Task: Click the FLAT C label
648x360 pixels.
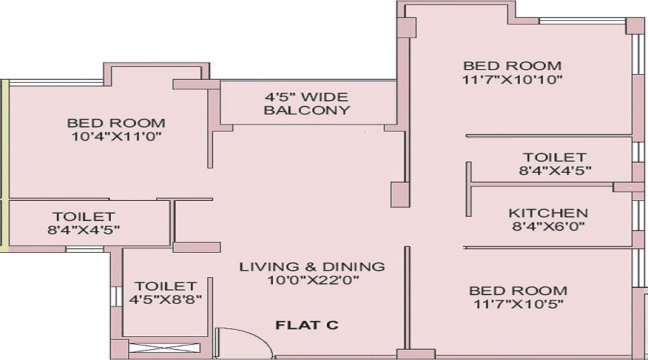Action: click(x=307, y=325)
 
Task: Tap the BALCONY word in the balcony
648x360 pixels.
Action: click(x=307, y=110)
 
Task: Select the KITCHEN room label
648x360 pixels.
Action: click(x=548, y=213)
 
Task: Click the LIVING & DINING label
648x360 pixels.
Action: click(x=312, y=266)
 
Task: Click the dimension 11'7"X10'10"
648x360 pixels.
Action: click(x=512, y=79)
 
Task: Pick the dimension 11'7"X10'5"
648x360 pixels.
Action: click(x=518, y=304)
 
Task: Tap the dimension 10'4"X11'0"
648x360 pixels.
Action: click(x=116, y=136)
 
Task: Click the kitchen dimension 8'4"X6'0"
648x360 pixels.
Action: click(x=548, y=227)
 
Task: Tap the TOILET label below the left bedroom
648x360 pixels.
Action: click(x=84, y=216)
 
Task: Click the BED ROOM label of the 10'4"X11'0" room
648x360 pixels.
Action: click(x=116, y=123)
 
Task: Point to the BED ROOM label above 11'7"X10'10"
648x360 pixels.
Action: click(x=512, y=66)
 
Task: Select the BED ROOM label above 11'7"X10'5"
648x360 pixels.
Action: click(x=518, y=291)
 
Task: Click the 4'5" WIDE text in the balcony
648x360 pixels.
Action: click(x=307, y=96)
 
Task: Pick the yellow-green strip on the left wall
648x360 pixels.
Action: click(x=4, y=166)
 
